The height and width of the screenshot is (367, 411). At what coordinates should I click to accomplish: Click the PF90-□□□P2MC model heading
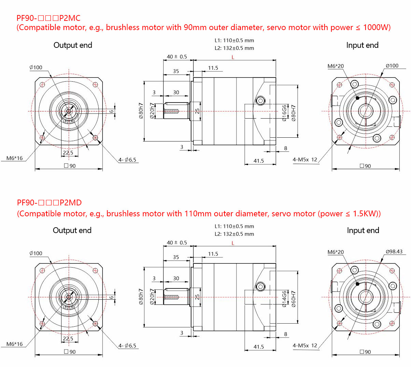click(x=48, y=18)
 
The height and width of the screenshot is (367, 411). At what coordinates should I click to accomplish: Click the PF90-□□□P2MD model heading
click(x=49, y=203)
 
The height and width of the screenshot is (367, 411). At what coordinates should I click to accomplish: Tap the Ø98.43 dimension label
click(x=394, y=252)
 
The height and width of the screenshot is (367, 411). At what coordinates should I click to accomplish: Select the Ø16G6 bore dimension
click(x=284, y=113)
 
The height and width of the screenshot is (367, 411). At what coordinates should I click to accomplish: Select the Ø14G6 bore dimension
click(x=284, y=299)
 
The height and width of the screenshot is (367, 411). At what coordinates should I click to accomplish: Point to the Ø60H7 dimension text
click(x=293, y=299)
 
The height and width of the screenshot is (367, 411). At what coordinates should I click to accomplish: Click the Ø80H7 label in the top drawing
click(x=293, y=113)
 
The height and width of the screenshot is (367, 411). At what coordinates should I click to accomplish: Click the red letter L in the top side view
click(x=233, y=57)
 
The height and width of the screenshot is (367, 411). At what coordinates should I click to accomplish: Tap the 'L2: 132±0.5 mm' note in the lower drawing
click(x=234, y=234)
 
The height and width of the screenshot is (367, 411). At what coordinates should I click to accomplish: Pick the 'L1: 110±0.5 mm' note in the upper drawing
click(x=234, y=40)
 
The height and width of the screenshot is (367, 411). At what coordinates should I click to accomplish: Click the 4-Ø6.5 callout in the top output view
click(x=127, y=160)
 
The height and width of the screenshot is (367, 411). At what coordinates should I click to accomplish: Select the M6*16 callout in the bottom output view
click(x=15, y=344)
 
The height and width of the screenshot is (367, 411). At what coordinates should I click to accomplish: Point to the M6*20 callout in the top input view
click(x=335, y=66)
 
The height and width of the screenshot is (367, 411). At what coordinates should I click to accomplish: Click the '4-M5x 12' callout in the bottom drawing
click(x=305, y=345)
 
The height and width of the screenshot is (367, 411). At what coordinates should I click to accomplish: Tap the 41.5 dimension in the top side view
click(x=259, y=161)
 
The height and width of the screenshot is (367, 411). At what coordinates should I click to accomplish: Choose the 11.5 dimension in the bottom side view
click(x=213, y=254)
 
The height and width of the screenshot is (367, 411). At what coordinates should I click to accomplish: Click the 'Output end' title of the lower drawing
click(x=72, y=230)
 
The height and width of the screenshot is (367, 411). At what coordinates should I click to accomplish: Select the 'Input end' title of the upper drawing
click(x=362, y=45)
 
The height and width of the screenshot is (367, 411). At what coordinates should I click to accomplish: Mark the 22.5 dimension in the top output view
click(x=68, y=153)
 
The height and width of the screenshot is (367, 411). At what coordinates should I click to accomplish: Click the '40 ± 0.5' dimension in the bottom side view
click(x=177, y=243)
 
